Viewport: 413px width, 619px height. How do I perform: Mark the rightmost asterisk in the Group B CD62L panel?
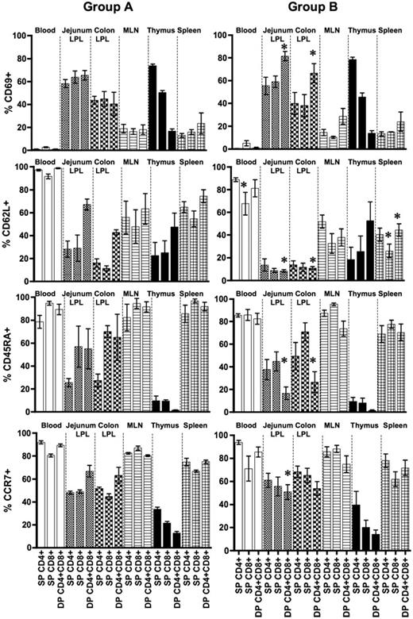click(397, 216)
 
